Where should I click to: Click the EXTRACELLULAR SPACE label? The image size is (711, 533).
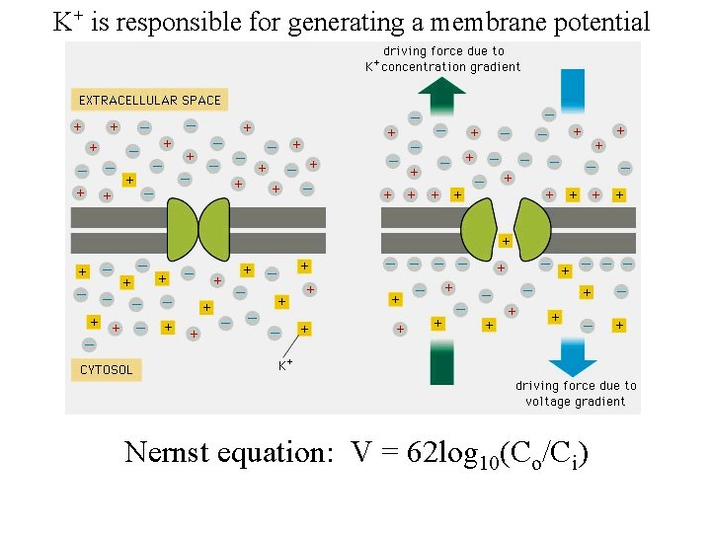[150, 100]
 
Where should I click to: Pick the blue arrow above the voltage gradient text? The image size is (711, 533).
[573, 354]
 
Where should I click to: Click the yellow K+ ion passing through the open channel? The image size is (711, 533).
[506, 240]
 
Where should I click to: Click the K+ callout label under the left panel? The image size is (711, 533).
[284, 365]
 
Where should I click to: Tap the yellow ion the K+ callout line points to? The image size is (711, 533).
[304, 329]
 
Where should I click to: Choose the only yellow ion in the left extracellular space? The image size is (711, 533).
[128, 180]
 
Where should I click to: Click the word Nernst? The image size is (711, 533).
[169, 453]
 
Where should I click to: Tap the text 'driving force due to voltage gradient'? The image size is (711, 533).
[576, 393]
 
